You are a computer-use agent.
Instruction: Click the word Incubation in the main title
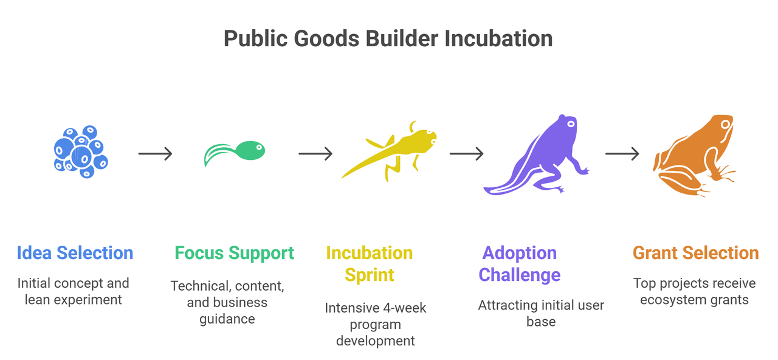click(498, 39)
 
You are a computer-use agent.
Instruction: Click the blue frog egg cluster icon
click(80, 152)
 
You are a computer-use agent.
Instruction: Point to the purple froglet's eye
click(570, 123)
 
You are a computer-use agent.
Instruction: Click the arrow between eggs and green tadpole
click(155, 154)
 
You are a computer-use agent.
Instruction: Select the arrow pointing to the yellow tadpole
click(315, 154)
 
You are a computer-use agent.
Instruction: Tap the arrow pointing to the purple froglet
click(466, 154)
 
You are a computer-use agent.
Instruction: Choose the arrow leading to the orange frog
click(622, 154)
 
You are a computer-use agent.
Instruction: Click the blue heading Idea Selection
click(75, 253)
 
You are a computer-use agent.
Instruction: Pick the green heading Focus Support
click(234, 253)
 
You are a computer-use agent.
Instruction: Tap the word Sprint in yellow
click(370, 275)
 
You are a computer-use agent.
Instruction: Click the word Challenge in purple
click(520, 275)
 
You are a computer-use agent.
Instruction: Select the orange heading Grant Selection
click(695, 253)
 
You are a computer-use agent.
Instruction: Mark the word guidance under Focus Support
click(227, 319)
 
